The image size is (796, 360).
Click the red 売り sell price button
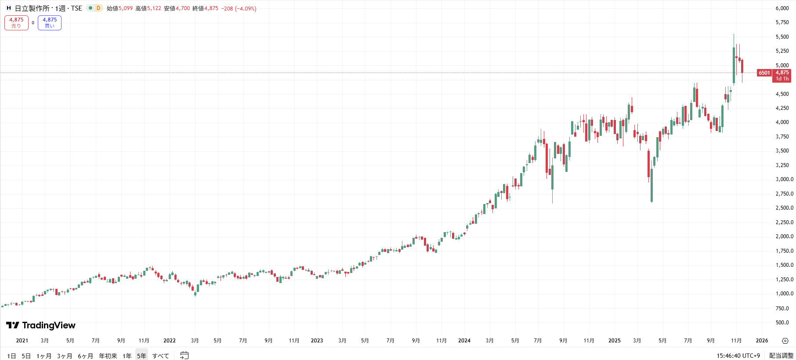[x=16, y=23]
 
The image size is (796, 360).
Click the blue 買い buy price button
[x=50, y=23]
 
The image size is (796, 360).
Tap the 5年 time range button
[x=141, y=356]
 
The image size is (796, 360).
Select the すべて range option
[x=160, y=356]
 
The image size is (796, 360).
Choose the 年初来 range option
[x=108, y=356]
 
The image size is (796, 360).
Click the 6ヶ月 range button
[x=85, y=356]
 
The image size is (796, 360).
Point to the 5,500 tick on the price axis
[x=782, y=37]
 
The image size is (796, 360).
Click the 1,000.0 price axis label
[x=784, y=294]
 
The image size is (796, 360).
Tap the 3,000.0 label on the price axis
[x=784, y=179]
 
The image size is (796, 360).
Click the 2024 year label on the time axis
[x=464, y=341]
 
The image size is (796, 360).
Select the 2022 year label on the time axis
[x=169, y=341]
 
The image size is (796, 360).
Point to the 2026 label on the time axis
[x=762, y=341]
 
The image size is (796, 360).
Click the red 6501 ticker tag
[x=764, y=73]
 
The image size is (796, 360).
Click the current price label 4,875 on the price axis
[x=782, y=73]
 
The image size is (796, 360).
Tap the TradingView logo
[x=41, y=325]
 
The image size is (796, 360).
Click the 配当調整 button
[x=781, y=356]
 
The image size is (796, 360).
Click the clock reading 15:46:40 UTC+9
[x=738, y=356]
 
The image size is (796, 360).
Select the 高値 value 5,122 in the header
[x=154, y=8]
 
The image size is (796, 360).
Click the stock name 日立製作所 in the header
[x=32, y=8]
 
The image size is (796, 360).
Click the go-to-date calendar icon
[x=185, y=355]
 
